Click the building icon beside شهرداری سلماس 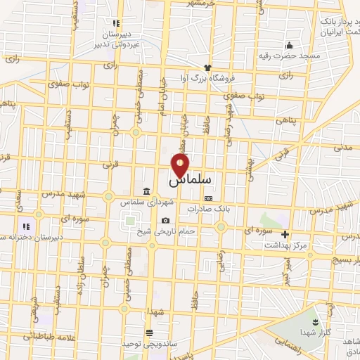tap(146, 191)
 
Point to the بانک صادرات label tap(209, 210)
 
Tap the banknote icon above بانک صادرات tap(207, 199)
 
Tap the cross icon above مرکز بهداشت tap(285, 234)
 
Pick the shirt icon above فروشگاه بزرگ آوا tap(207, 67)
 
